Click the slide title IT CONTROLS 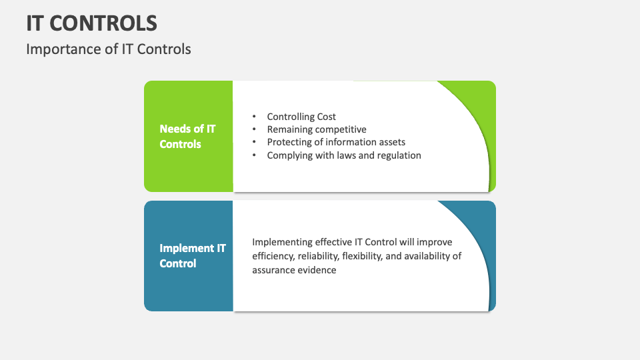point(92,23)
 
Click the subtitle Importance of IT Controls point(109,49)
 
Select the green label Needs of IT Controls point(187,136)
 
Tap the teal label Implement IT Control point(192,256)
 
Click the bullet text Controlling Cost point(301,117)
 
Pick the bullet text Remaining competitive point(317,129)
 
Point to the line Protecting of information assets point(336,142)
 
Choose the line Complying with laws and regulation point(344,155)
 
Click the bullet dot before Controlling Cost point(254,117)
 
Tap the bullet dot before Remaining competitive point(254,129)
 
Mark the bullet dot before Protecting point(254,142)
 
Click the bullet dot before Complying point(254,155)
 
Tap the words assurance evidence point(294,270)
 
